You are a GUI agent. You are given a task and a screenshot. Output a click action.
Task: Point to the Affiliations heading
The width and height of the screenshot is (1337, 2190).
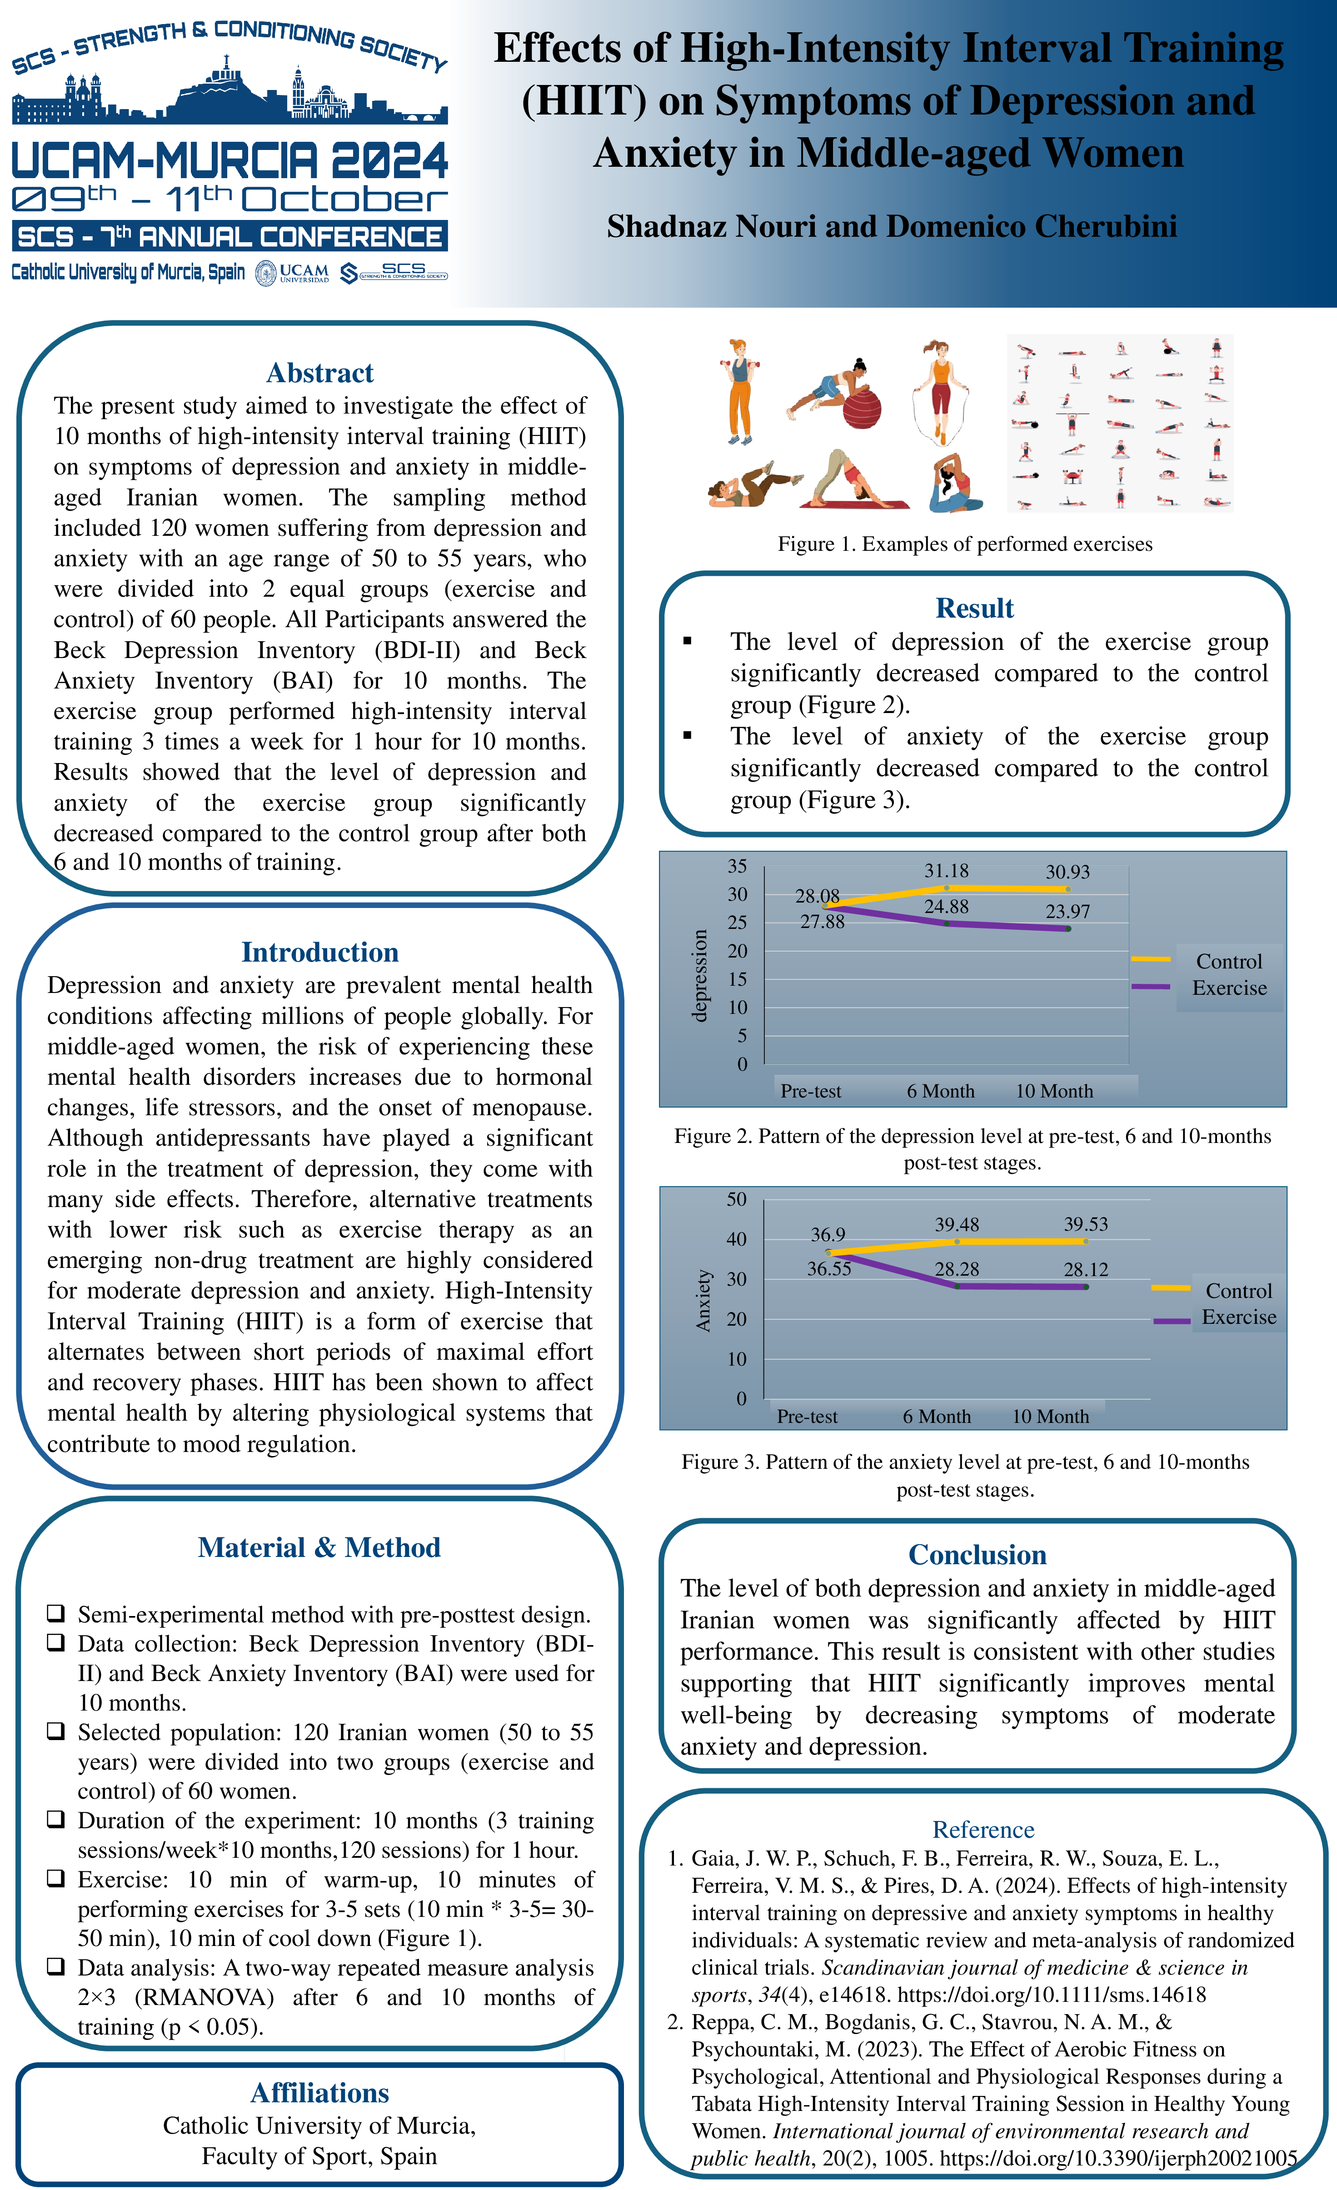320,2093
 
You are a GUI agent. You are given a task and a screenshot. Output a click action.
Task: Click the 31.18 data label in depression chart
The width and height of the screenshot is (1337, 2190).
946,871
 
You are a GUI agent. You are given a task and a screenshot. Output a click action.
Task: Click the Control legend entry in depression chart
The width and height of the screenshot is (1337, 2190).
1228,962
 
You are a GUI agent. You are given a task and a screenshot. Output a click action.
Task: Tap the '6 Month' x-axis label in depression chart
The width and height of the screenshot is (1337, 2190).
941,1092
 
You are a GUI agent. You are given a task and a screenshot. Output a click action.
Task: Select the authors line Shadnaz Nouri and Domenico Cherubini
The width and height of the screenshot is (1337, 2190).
892,227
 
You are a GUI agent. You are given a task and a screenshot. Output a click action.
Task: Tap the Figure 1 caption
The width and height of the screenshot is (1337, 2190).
964,544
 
